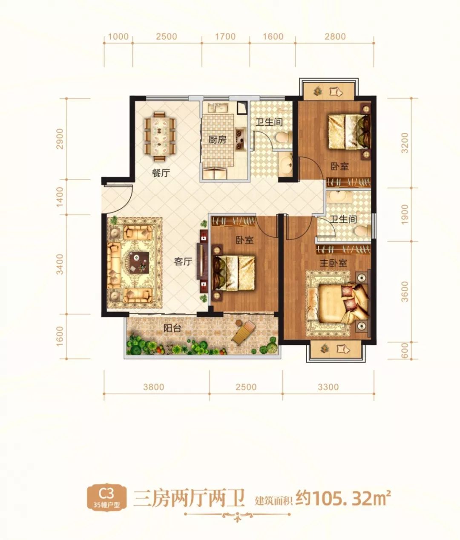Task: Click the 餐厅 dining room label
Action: [x=161, y=173]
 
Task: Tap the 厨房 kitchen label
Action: [x=217, y=140]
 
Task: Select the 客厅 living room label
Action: [x=183, y=261]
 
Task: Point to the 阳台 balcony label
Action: [x=172, y=328]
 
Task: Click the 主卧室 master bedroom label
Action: [x=333, y=263]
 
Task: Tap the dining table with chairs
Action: [x=161, y=137]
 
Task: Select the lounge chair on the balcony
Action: [x=244, y=332]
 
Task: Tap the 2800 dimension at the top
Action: [x=335, y=36]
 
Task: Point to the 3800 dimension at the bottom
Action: [x=154, y=387]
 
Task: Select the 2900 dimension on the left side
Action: [x=60, y=139]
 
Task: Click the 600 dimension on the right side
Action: [x=404, y=350]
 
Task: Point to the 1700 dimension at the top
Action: [x=225, y=36]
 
